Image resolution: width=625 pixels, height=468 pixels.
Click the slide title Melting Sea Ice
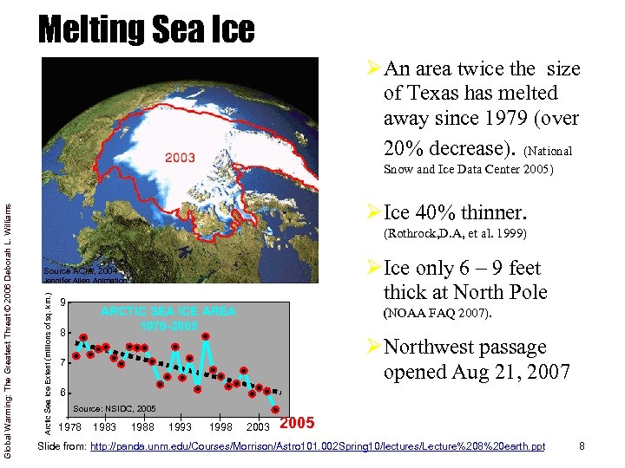[147, 29]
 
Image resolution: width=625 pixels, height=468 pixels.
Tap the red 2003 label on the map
[181, 157]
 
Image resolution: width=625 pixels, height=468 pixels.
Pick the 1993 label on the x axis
[181, 427]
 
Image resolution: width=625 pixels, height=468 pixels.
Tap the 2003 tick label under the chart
[257, 427]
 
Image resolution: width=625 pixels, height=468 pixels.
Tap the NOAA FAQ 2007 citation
[437, 313]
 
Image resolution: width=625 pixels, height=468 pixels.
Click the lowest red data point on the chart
[275, 409]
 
